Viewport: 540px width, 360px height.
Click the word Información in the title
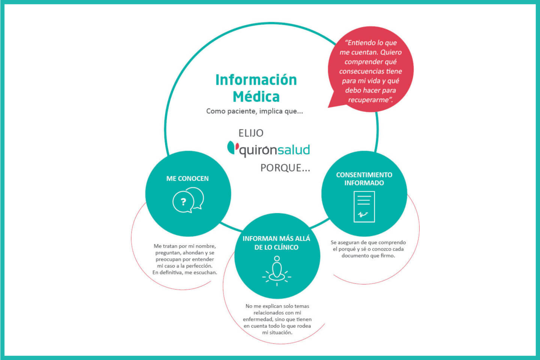[256, 80]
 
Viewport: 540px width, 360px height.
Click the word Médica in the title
[256, 97]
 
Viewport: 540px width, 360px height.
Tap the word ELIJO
[251, 133]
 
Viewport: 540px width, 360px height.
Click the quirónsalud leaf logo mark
[233, 148]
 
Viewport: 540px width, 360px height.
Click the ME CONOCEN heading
[187, 178]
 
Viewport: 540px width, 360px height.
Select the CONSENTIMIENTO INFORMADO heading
[364, 179]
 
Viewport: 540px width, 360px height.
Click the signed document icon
[364, 207]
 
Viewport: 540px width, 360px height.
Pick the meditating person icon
[277, 271]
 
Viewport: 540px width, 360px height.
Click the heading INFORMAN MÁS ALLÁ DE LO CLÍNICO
[276, 243]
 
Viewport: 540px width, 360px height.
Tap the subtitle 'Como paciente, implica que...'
[255, 111]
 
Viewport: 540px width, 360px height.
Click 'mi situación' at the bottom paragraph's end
[277, 333]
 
